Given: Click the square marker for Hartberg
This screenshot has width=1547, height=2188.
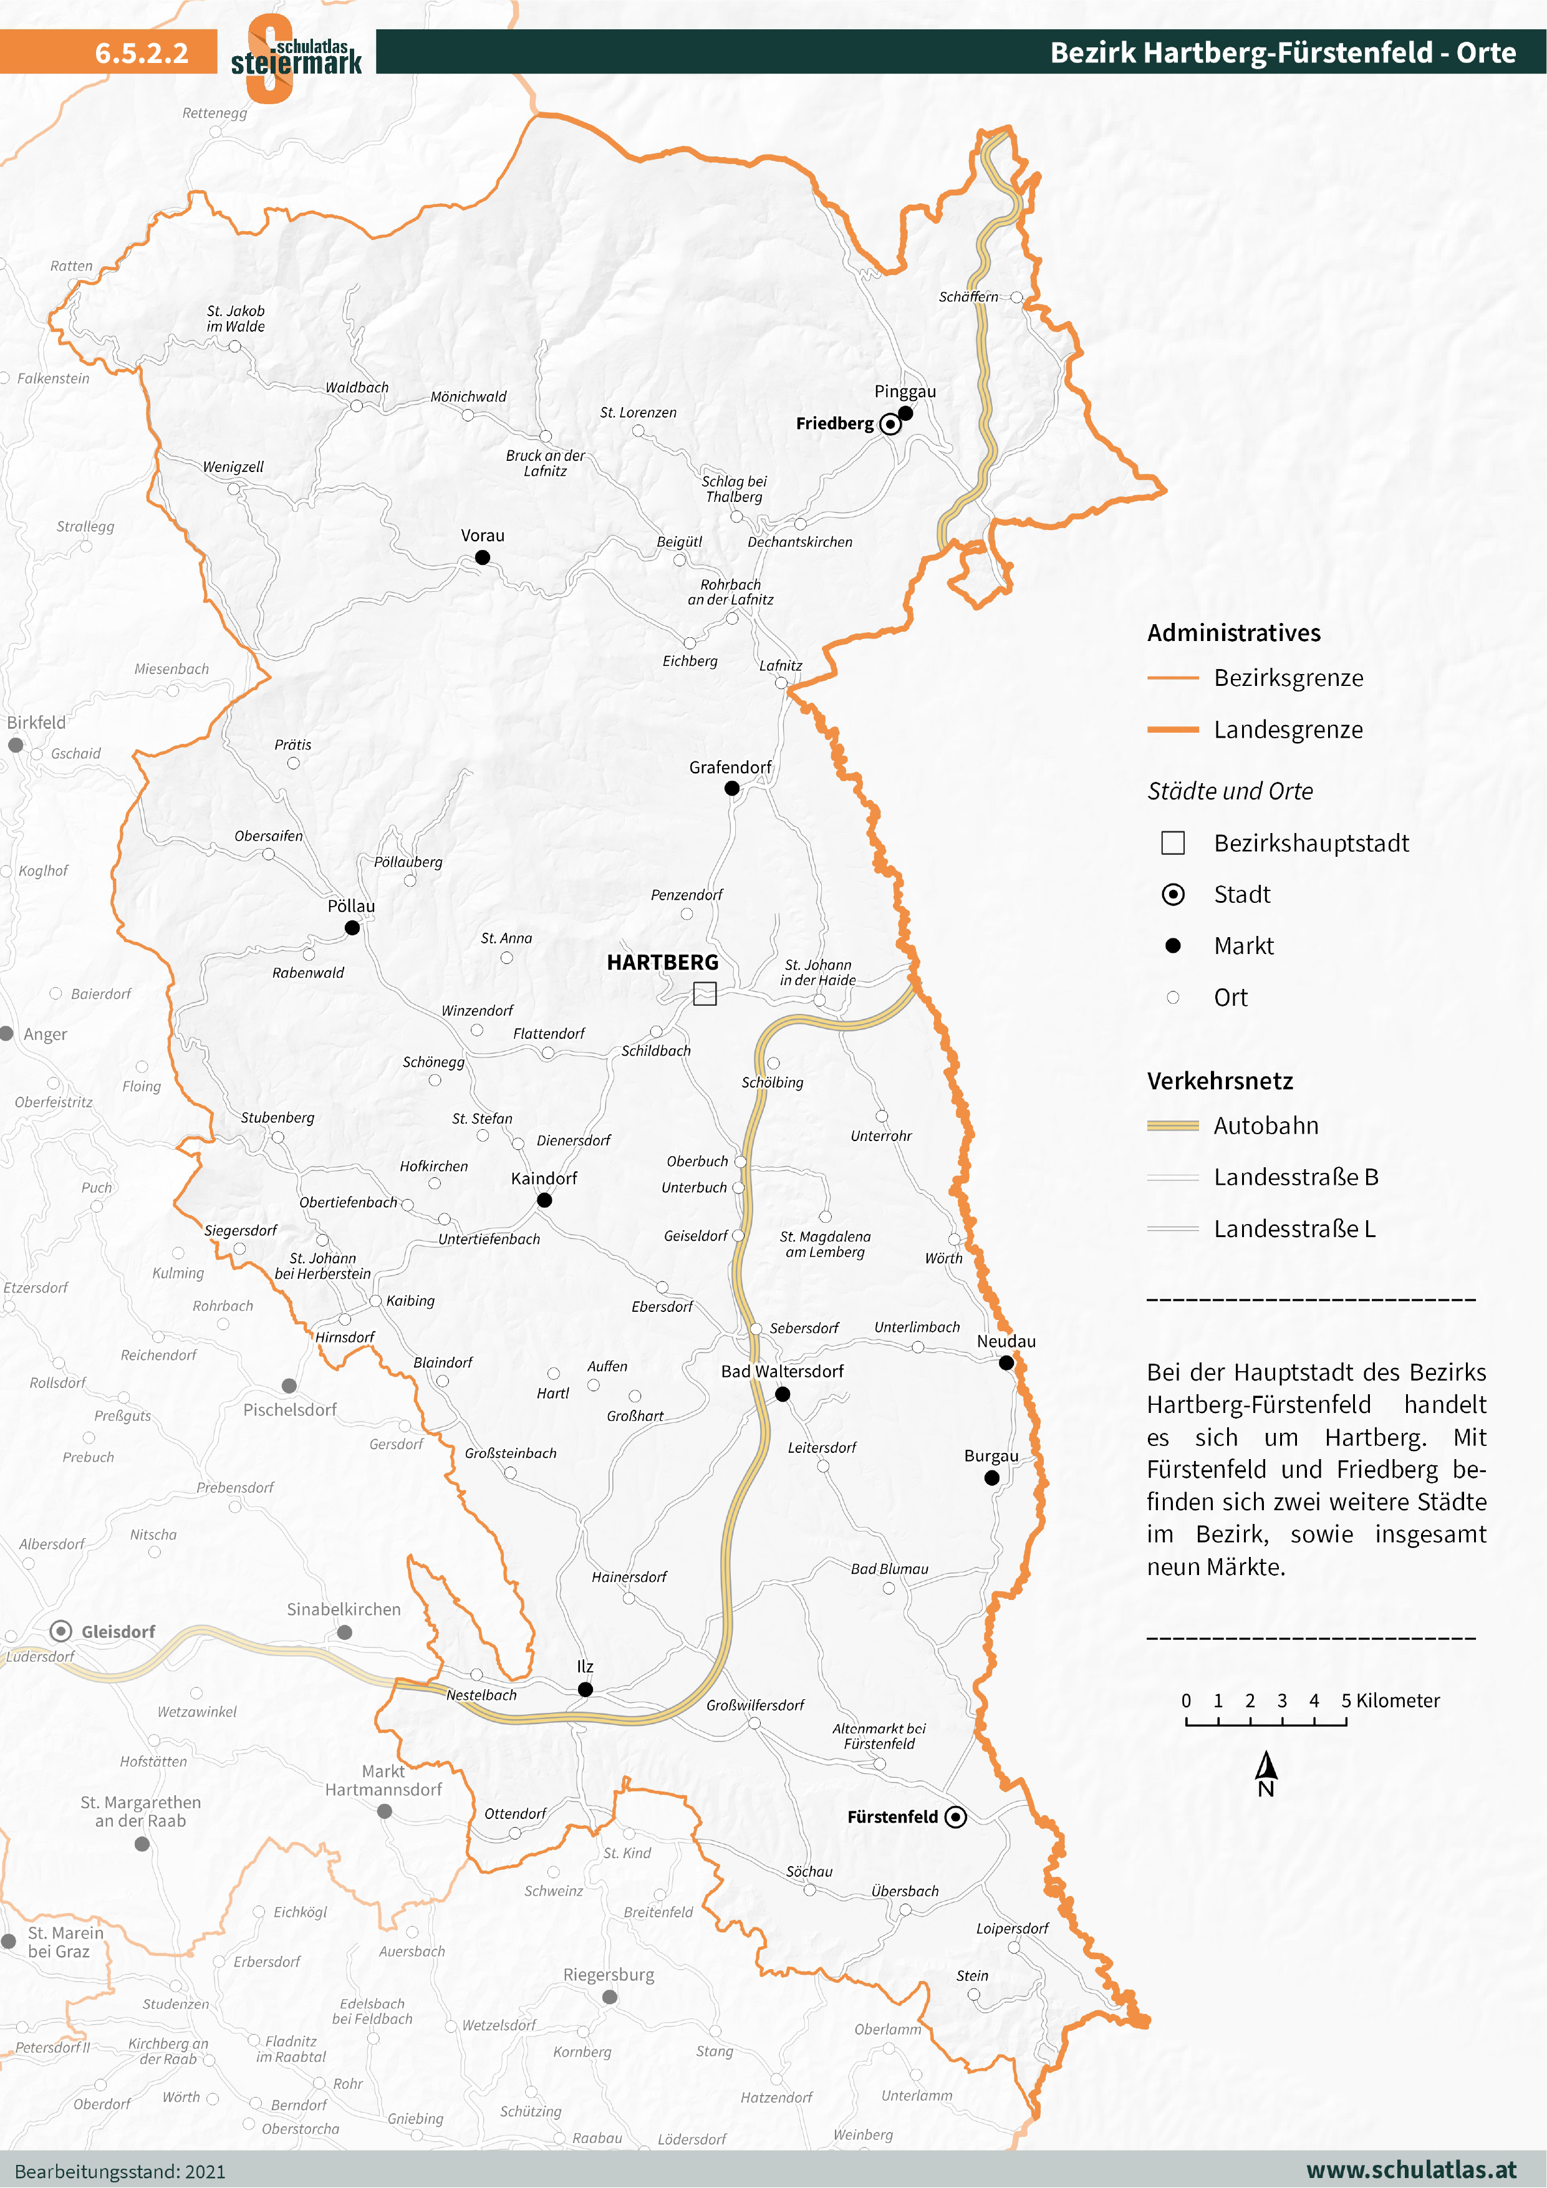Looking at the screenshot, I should click(x=705, y=994).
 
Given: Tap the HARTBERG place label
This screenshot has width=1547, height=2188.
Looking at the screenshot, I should click(x=662, y=963).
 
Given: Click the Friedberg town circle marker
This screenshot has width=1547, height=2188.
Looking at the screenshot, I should click(x=889, y=424).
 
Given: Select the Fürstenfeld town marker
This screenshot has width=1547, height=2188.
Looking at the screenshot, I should click(x=955, y=1816).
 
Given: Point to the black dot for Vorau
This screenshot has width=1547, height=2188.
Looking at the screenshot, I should click(x=482, y=557).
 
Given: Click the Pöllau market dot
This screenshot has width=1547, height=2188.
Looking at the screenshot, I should click(x=352, y=927).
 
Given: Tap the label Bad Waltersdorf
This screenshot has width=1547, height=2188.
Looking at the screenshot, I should click(x=781, y=1371).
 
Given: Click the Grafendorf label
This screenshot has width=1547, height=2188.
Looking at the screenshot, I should click(x=730, y=767).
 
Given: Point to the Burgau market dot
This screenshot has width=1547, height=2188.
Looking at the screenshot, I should click(x=991, y=1478).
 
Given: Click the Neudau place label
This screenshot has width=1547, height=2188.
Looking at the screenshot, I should click(x=1006, y=1341).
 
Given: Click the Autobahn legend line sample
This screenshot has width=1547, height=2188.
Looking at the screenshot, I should click(x=1172, y=1126).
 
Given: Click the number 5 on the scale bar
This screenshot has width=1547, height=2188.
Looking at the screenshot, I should click(x=1346, y=1701).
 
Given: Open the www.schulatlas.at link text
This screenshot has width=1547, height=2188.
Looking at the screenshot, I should click(x=1410, y=2170).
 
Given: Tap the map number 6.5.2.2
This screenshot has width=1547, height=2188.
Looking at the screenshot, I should click(x=141, y=52).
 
